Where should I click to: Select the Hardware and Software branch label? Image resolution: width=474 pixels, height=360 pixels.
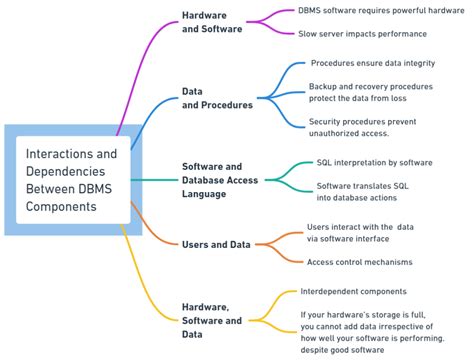coord(211,22)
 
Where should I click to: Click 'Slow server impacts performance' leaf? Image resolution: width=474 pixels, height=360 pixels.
coord(362,33)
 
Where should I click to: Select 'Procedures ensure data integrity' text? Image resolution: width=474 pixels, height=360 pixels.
coord(371,63)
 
